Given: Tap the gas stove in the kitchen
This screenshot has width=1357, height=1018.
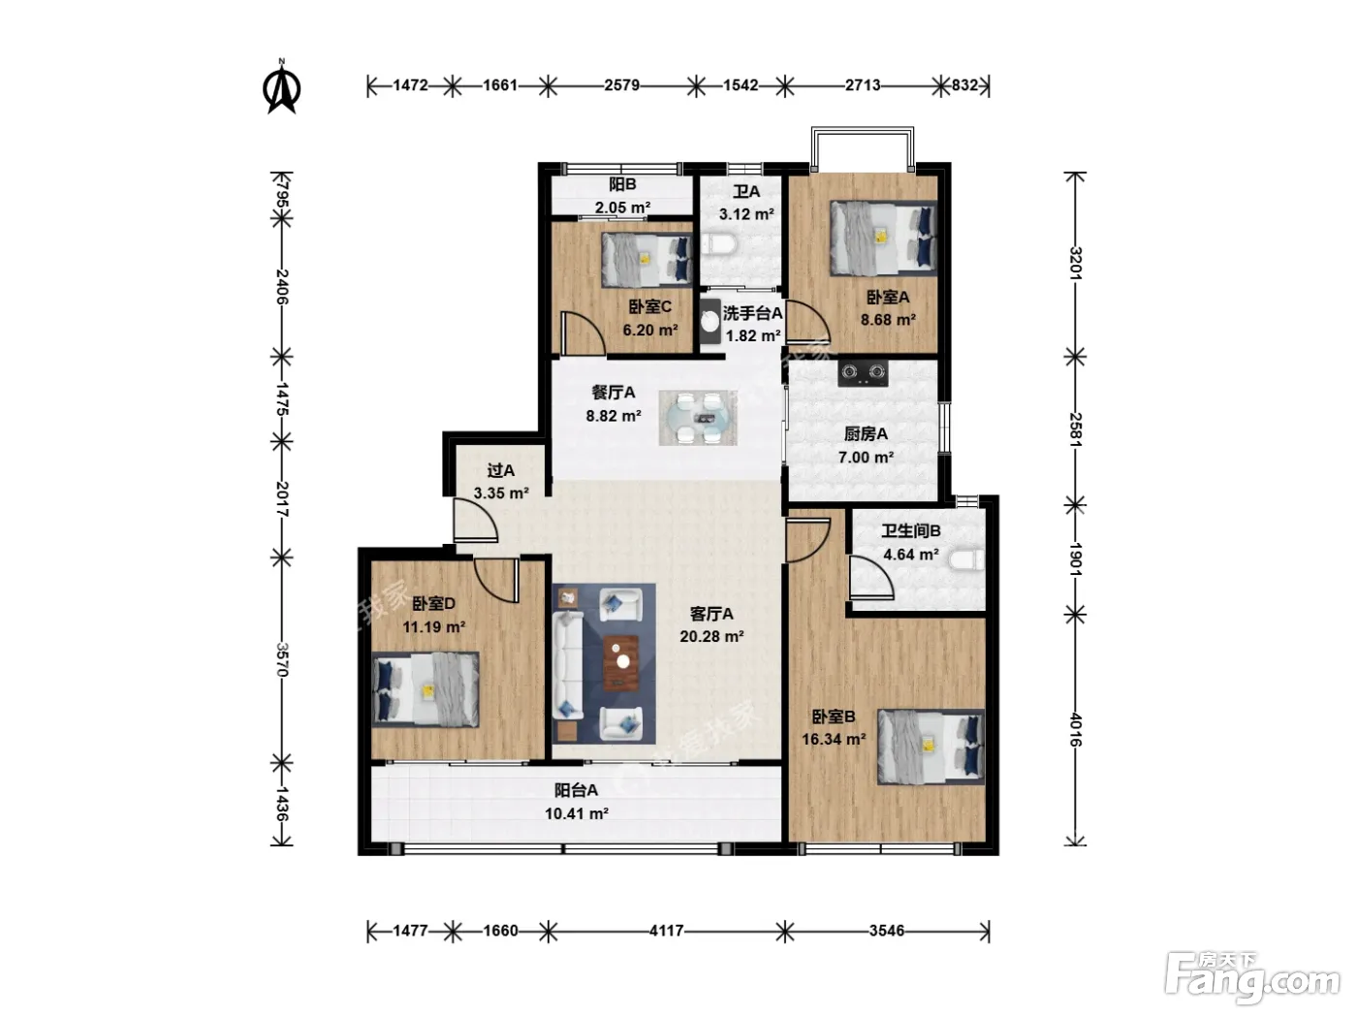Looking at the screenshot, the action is pos(863,372).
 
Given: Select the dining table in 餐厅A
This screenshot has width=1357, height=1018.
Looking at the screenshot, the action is pos(697,418).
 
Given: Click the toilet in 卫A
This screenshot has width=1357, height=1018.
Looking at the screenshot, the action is pos(719,244).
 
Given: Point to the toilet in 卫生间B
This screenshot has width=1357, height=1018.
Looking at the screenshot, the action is pos(965,560).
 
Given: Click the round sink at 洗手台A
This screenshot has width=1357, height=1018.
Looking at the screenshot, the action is pos(710,322).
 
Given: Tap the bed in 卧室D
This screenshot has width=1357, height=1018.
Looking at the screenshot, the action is pos(426,689).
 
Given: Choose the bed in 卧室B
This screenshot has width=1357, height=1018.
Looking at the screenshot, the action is pos(931,747).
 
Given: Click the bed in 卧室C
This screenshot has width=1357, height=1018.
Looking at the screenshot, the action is pos(647,260).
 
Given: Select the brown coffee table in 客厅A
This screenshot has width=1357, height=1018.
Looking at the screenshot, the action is pos(620,662).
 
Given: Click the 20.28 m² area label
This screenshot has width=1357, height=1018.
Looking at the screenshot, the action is pos(711,637).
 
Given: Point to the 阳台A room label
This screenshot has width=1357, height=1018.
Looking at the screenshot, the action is pos(576,790).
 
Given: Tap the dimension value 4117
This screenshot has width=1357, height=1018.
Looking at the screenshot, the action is pos(667,931).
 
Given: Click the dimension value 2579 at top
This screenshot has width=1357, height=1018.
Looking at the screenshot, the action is pos(622,85).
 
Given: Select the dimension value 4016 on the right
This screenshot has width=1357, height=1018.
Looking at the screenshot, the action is pos(1076,730).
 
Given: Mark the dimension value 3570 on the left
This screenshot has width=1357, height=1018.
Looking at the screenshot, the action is pos(282,660).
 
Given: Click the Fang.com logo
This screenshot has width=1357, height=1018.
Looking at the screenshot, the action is pos(1251,979).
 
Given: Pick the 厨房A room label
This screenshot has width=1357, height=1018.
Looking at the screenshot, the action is pos(866,434).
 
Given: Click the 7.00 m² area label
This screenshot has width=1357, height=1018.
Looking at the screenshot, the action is pos(866,458).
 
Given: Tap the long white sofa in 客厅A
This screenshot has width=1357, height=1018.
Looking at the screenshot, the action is pos(568,665).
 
